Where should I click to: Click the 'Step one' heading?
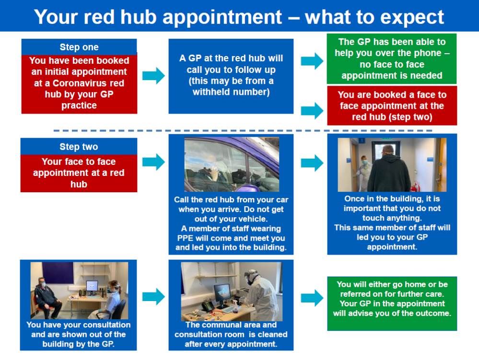(79, 47)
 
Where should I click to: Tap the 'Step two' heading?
(79, 147)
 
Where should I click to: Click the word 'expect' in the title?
(410, 18)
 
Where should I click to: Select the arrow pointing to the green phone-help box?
(312, 61)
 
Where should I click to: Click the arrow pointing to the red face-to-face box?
(312, 111)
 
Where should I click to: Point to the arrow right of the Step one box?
(153, 75)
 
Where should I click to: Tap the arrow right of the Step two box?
(153, 162)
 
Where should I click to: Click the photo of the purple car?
(232, 164)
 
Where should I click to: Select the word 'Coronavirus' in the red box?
(79, 83)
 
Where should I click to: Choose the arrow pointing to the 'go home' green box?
(312, 298)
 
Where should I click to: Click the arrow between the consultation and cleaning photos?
(153, 297)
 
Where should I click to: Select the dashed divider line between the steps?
(243, 131)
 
